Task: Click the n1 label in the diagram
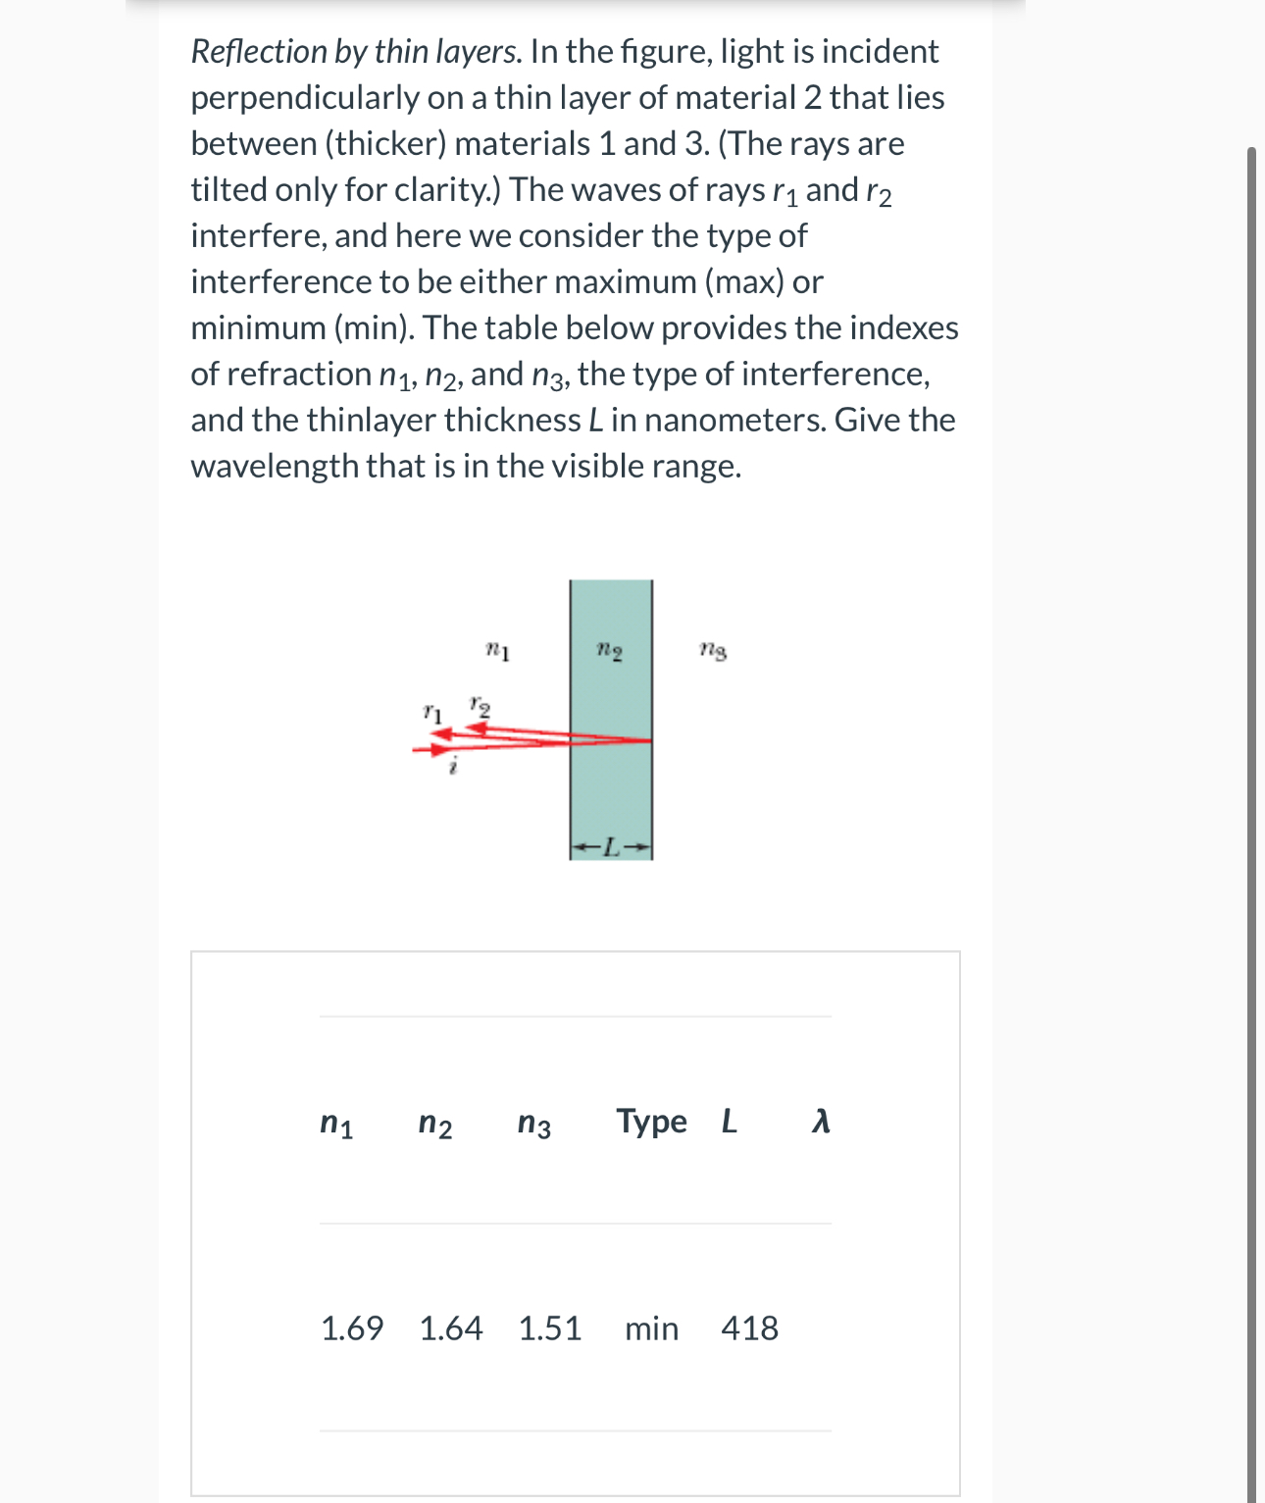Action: [x=497, y=650]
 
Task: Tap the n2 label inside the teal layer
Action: [x=610, y=650]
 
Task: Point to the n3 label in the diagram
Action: [x=713, y=650]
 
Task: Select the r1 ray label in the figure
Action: [x=432, y=713]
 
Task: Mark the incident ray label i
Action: [x=452, y=768]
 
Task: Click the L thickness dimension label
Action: [x=611, y=847]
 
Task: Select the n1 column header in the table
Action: [x=336, y=1123]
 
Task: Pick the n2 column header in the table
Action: [x=435, y=1123]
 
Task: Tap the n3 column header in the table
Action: [x=534, y=1123]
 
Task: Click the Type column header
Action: [x=651, y=1121]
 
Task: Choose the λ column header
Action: [x=822, y=1121]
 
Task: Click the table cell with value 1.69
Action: [x=352, y=1328]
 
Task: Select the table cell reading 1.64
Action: [x=451, y=1328]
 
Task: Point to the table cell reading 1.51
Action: [x=550, y=1328]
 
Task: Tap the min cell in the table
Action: [x=652, y=1328]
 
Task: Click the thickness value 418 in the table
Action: [x=750, y=1328]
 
